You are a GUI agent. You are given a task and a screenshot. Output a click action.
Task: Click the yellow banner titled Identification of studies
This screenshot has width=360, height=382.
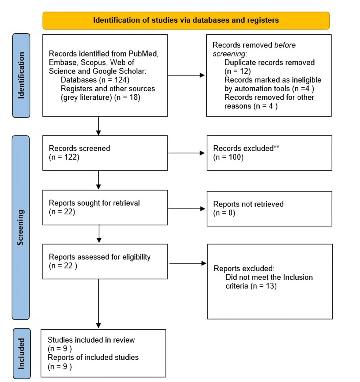(186, 20)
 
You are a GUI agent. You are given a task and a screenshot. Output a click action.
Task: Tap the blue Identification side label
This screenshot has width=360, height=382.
(21, 76)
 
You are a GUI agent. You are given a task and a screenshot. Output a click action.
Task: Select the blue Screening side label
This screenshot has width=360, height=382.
(21, 227)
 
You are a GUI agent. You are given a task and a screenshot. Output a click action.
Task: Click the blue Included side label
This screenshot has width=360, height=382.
(21, 353)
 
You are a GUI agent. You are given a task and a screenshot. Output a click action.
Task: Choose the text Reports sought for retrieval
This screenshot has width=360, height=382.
(94, 203)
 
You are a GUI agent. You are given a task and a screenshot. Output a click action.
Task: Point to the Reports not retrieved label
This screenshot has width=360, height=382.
(248, 204)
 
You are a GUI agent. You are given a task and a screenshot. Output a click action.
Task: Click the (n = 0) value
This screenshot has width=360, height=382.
(224, 212)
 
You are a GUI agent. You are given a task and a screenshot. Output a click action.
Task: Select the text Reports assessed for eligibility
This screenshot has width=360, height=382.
(100, 257)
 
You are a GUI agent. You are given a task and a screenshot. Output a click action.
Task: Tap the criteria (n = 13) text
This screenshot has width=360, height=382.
(251, 286)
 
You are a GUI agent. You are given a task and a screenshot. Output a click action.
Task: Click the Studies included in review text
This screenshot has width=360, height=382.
(91, 340)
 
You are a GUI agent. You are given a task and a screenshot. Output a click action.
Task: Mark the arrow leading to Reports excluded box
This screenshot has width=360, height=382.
(188, 263)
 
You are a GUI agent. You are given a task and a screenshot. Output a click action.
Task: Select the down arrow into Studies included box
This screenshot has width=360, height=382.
(98, 303)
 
